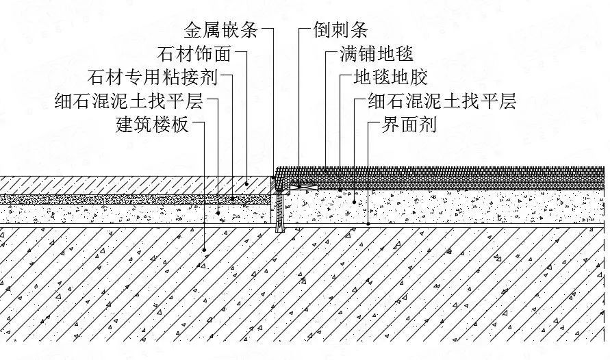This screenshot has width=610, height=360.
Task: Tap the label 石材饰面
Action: (194, 54)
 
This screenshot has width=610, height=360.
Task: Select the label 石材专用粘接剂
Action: (153, 77)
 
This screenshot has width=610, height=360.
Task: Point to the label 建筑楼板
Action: (151, 125)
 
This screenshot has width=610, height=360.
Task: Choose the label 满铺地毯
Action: (377, 54)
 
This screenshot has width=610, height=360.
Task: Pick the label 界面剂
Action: (409, 125)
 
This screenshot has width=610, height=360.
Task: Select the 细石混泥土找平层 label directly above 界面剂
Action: (442, 102)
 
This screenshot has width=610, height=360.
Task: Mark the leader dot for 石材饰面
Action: (246, 183)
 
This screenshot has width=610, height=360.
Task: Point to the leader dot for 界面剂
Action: (368, 223)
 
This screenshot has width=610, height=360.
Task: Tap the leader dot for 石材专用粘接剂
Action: (233, 198)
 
